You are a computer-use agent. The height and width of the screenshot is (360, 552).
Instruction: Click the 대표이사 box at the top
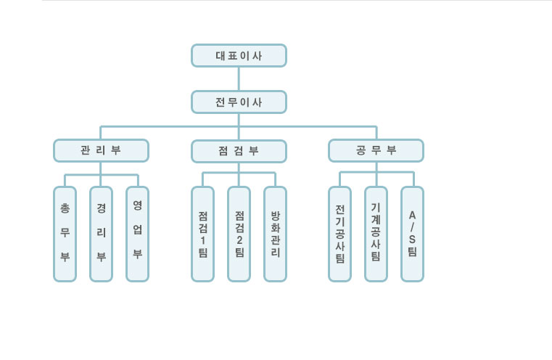click(x=239, y=56)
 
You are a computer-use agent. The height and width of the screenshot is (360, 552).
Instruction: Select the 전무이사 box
click(x=239, y=102)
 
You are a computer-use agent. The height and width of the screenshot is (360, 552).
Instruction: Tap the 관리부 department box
click(x=101, y=151)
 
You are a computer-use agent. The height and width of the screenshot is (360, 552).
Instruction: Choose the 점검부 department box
click(x=239, y=152)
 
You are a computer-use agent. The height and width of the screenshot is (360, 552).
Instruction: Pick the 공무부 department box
click(x=376, y=151)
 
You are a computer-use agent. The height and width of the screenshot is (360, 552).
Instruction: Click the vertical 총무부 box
click(x=65, y=234)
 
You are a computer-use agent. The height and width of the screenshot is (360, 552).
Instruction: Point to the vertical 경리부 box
click(x=101, y=234)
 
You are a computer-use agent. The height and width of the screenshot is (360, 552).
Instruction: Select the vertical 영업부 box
click(x=137, y=234)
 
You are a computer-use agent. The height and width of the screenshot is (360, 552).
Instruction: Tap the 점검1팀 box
click(x=202, y=234)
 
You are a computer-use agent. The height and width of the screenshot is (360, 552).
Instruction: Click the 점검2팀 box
click(x=239, y=234)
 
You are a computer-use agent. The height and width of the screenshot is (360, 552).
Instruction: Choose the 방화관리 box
click(x=276, y=234)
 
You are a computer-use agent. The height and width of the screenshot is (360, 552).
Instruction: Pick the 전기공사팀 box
click(x=339, y=234)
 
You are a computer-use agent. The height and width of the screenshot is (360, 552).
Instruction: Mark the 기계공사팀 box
click(x=376, y=234)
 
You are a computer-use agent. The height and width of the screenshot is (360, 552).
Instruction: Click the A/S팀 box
click(x=412, y=234)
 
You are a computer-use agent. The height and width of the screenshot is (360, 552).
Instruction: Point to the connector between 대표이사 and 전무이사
click(x=239, y=79)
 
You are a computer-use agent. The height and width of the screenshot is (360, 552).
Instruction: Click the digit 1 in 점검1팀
click(x=203, y=240)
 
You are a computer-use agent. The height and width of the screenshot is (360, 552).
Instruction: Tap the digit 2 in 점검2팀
click(x=239, y=240)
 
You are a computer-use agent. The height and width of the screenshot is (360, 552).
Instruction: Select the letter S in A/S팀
click(x=412, y=240)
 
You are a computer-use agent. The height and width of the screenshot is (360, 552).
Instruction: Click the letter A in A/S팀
click(x=412, y=215)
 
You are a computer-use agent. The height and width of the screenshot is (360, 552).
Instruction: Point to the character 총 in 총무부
click(x=65, y=208)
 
